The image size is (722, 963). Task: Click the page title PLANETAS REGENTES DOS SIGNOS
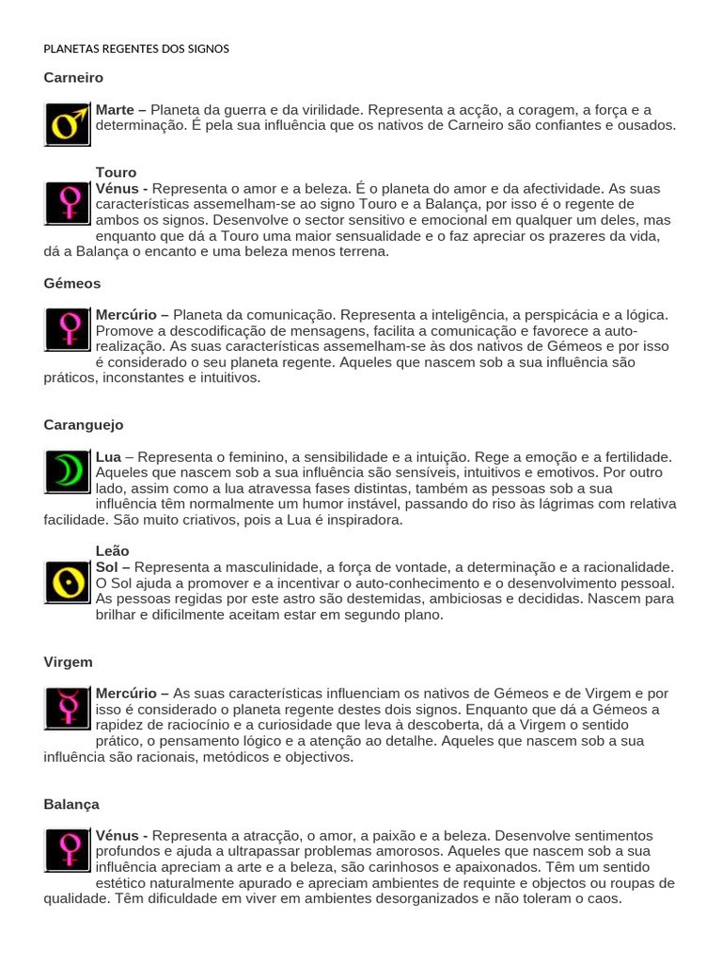pos(136,48)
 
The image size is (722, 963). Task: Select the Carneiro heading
pos(73,77)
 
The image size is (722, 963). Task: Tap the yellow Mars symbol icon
pos(68,124)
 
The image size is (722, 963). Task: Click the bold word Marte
pos(115,109)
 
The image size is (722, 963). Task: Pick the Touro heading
pos(116,172)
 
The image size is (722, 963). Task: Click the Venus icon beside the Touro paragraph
pos(68,203)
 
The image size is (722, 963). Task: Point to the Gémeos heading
pos(72,282)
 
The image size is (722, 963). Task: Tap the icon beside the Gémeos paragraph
pos(68,329)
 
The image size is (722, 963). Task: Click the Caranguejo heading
pos(84,424)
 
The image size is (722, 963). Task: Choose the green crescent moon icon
pos(68,472)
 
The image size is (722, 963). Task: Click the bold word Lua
pos(108,456)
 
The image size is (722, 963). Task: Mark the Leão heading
pos(112,550)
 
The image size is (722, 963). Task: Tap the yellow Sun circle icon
pos(68,582)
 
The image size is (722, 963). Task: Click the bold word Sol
pos(107,567)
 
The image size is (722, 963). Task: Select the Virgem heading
pos(69,661)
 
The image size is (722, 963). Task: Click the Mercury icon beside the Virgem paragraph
pos(68,708)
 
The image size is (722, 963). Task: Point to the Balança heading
pos(71,804)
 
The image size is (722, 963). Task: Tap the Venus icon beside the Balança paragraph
pos(68,851)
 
